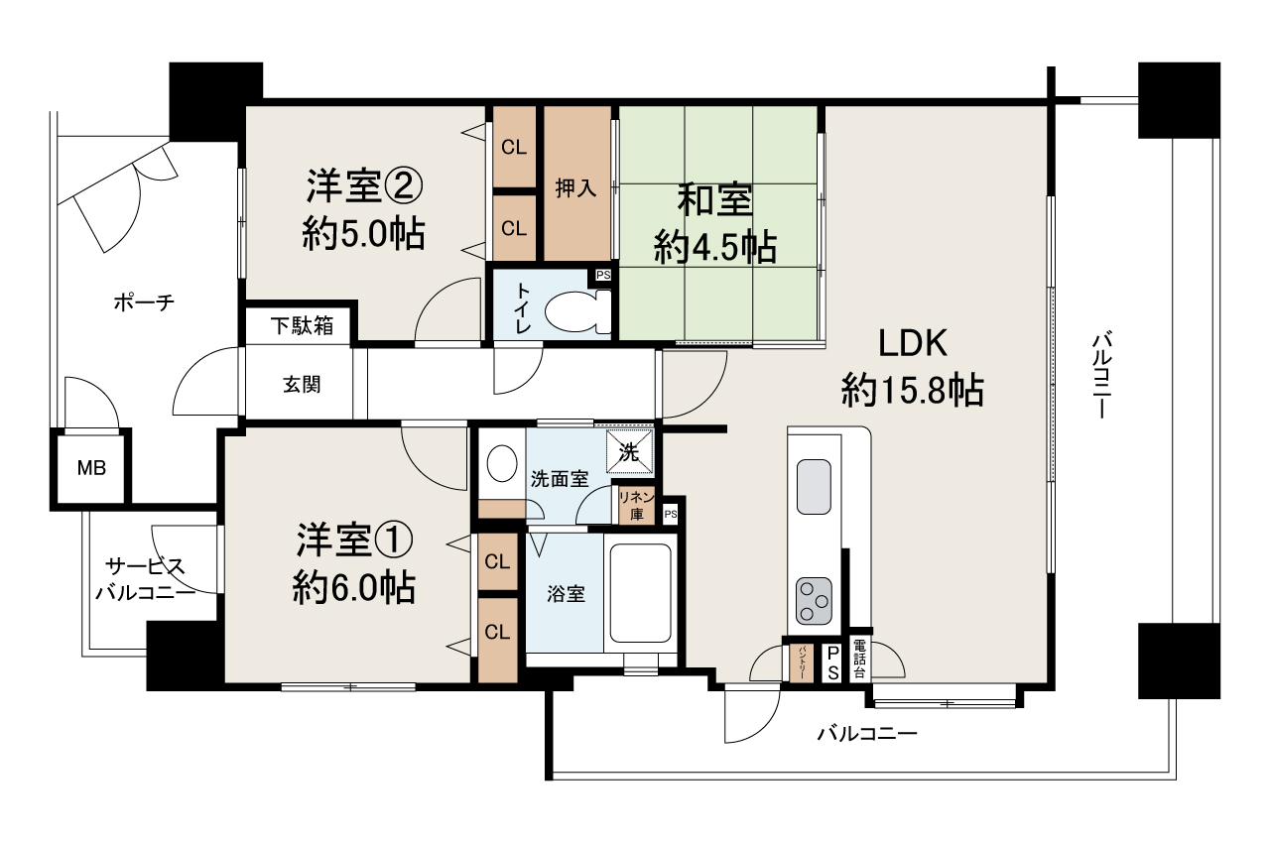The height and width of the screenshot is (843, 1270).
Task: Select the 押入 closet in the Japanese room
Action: (575, 186)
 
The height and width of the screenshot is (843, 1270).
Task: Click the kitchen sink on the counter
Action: (815, 487)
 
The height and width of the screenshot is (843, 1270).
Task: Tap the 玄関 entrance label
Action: (302, 386)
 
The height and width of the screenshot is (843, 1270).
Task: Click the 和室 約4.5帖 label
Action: (714, 223)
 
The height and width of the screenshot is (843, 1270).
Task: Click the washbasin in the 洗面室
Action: (503, 464)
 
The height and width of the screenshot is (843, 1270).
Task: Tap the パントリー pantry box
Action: (800, 662)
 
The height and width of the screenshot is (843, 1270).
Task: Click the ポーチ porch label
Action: (144, 302)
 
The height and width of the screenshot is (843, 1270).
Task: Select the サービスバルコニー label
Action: (144, 580)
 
